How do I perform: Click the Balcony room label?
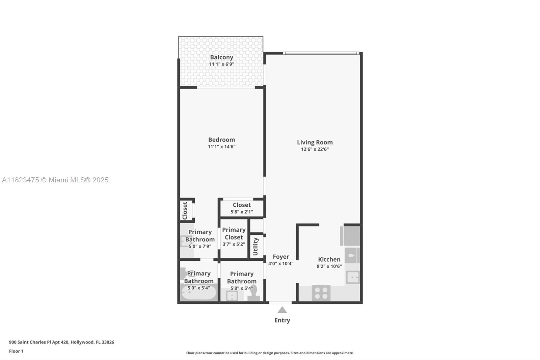221,57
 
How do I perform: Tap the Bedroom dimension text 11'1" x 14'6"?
221,147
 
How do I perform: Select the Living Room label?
315,143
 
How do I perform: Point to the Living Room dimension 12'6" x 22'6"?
315,149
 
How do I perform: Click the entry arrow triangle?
282,310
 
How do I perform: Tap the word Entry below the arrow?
282,320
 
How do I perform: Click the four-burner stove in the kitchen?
321,293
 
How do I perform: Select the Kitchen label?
329,259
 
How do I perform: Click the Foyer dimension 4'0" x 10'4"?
281,263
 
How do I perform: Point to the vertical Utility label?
255,246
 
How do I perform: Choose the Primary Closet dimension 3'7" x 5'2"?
234,244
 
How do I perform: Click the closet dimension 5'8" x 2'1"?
242,212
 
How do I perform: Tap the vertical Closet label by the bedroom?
185,211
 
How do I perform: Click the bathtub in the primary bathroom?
198,293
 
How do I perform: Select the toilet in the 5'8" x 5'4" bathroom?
253,293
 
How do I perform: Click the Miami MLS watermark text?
55,180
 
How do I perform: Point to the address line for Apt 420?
61,342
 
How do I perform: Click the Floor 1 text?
16,351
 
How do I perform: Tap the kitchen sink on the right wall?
352,277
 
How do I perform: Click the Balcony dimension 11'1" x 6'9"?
221,64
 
